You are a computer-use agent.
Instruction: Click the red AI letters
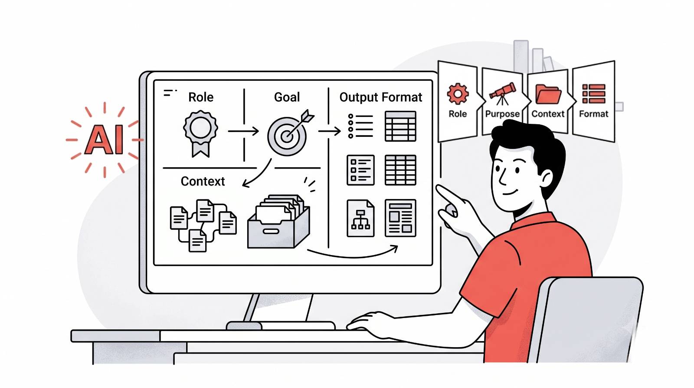pos(104,139)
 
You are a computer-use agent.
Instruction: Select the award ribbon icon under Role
pos(200,133)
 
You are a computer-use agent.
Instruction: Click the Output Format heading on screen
pos(381,97)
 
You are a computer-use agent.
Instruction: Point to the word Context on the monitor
pos(203,181)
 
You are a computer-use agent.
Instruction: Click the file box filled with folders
pos(278,221)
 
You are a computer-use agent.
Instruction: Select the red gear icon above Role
pos(458,93)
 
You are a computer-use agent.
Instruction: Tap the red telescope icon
pos(503,93)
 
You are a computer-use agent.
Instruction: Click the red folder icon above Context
pos(548,94)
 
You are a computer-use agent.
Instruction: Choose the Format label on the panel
pos(594,114)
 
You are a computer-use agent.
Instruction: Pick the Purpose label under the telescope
pos(502,114)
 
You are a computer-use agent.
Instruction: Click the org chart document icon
pos(360,218)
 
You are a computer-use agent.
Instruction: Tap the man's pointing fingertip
pos(438,187)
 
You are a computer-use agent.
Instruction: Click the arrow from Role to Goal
pos(243,131)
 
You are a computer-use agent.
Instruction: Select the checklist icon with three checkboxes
pos(360,170)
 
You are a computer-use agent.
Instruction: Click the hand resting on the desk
pos(369,323)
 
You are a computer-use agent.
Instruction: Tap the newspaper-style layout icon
pos(400,218)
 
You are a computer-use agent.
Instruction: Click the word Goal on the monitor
pos(287,97)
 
